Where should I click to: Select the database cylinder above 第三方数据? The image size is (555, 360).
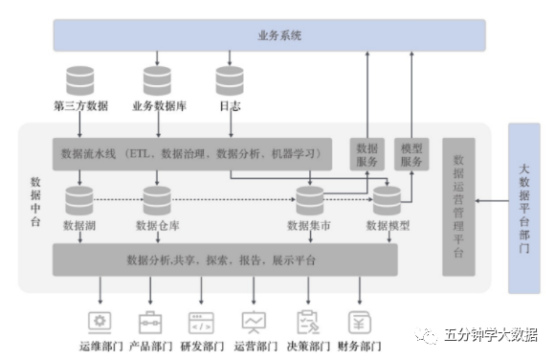click(80, 79)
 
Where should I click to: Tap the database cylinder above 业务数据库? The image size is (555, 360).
click(156, 79)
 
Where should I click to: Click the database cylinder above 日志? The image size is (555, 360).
click(230, 79)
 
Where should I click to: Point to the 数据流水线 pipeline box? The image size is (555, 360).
click(191, 153)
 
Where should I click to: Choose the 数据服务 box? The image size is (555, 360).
click(367, 154)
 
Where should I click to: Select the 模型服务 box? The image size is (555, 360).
click(412, 154)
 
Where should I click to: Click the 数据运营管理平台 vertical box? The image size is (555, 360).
click(457, 206)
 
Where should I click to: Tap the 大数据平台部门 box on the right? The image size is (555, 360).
click(523, 207)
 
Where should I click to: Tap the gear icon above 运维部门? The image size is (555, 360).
click(99, 321)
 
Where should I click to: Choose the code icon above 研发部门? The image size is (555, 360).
click(202, 321)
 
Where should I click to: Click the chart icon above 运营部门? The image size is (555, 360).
click(255, 321)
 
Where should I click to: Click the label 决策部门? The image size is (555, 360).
click(307, 346)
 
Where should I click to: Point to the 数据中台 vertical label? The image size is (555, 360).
click(36, 201)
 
